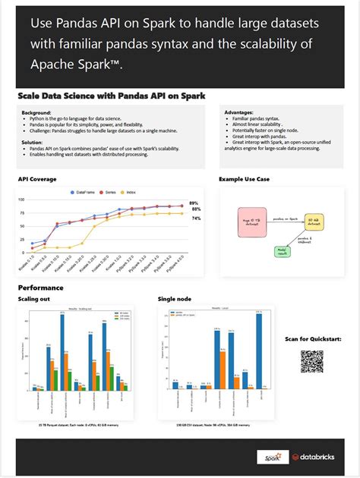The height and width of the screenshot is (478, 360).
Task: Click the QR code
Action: coord(311,361)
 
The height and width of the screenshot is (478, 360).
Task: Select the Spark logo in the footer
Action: coord(270,457)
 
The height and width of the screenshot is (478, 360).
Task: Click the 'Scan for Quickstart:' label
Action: coord(312,338)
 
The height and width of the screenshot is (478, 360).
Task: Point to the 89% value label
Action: coord(194,203)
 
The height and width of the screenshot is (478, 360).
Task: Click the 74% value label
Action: coord(195,219)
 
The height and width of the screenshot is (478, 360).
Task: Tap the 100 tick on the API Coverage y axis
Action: coord(22,200)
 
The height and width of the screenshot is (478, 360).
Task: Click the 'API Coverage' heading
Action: coord(38,179)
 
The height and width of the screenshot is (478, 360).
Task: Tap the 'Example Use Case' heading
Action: coord(245,179)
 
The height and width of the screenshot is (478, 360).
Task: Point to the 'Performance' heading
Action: coord(41,288)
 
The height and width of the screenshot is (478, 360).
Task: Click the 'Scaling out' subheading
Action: coord(33,300)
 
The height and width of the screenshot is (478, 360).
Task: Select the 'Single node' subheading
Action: coord(172,300)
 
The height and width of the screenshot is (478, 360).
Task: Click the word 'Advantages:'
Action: coord(239,112)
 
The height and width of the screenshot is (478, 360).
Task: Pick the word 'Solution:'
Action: coord(33,141)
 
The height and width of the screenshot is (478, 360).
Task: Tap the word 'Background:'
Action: coord(37,112)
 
